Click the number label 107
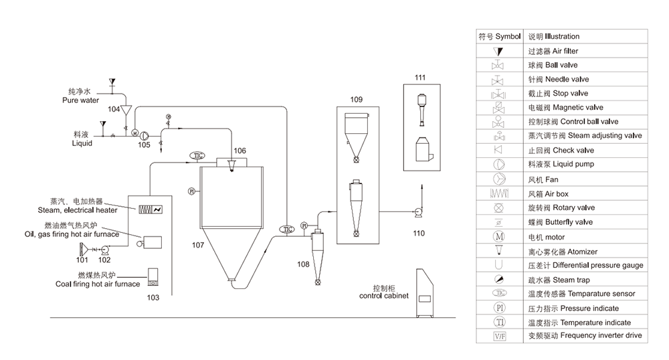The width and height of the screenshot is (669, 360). coord(197,246)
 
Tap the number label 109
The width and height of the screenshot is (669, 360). coord(357,99)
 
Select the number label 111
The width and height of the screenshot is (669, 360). coord(419,78)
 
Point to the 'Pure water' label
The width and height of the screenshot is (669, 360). coord(81,100)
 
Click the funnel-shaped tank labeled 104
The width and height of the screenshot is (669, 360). coord(126,112)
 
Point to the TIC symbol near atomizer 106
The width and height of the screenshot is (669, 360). coord(198,155)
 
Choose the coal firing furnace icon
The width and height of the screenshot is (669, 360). coord(153,276)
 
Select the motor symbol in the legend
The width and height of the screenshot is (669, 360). coord(498,236)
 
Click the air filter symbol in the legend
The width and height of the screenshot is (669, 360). coord(498,51)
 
